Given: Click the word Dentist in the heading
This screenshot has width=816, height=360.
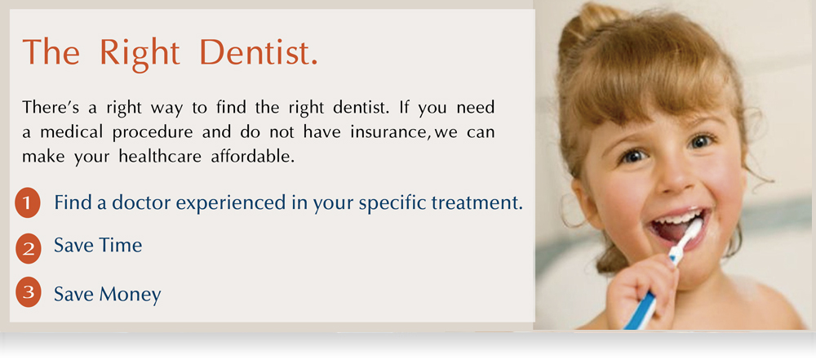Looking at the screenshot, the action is click(258, 52).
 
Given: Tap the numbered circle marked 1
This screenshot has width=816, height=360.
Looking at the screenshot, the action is click(28, 202).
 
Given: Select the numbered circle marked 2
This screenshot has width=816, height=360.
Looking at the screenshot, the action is click(28, 248).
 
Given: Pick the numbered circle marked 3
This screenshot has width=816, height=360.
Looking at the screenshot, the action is click(28, 292).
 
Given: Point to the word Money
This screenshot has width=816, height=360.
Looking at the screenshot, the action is click(130, 295).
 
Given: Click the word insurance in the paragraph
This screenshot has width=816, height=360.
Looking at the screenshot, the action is click(388, 132).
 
